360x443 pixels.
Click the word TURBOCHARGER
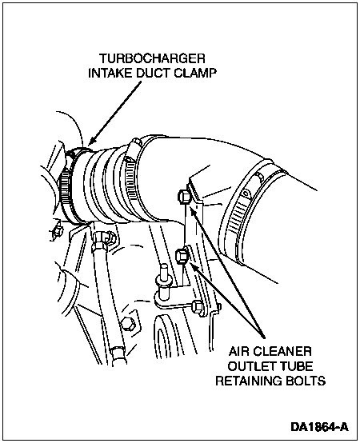(152, 58)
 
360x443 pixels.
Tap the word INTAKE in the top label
(106, 74)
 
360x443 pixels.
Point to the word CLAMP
(195, 74)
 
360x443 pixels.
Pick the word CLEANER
(282, 352)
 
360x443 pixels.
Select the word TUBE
(294, 366)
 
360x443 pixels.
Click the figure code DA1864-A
(320, 427)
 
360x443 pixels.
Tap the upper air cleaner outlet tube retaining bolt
(184, 196)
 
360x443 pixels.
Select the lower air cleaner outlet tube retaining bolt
(182, 256)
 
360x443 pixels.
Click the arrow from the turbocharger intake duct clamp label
(114, 113)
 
